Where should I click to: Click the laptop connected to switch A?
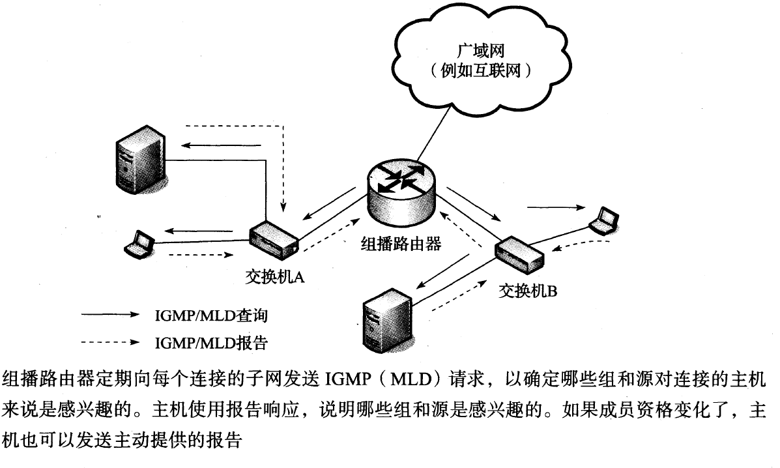139,242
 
